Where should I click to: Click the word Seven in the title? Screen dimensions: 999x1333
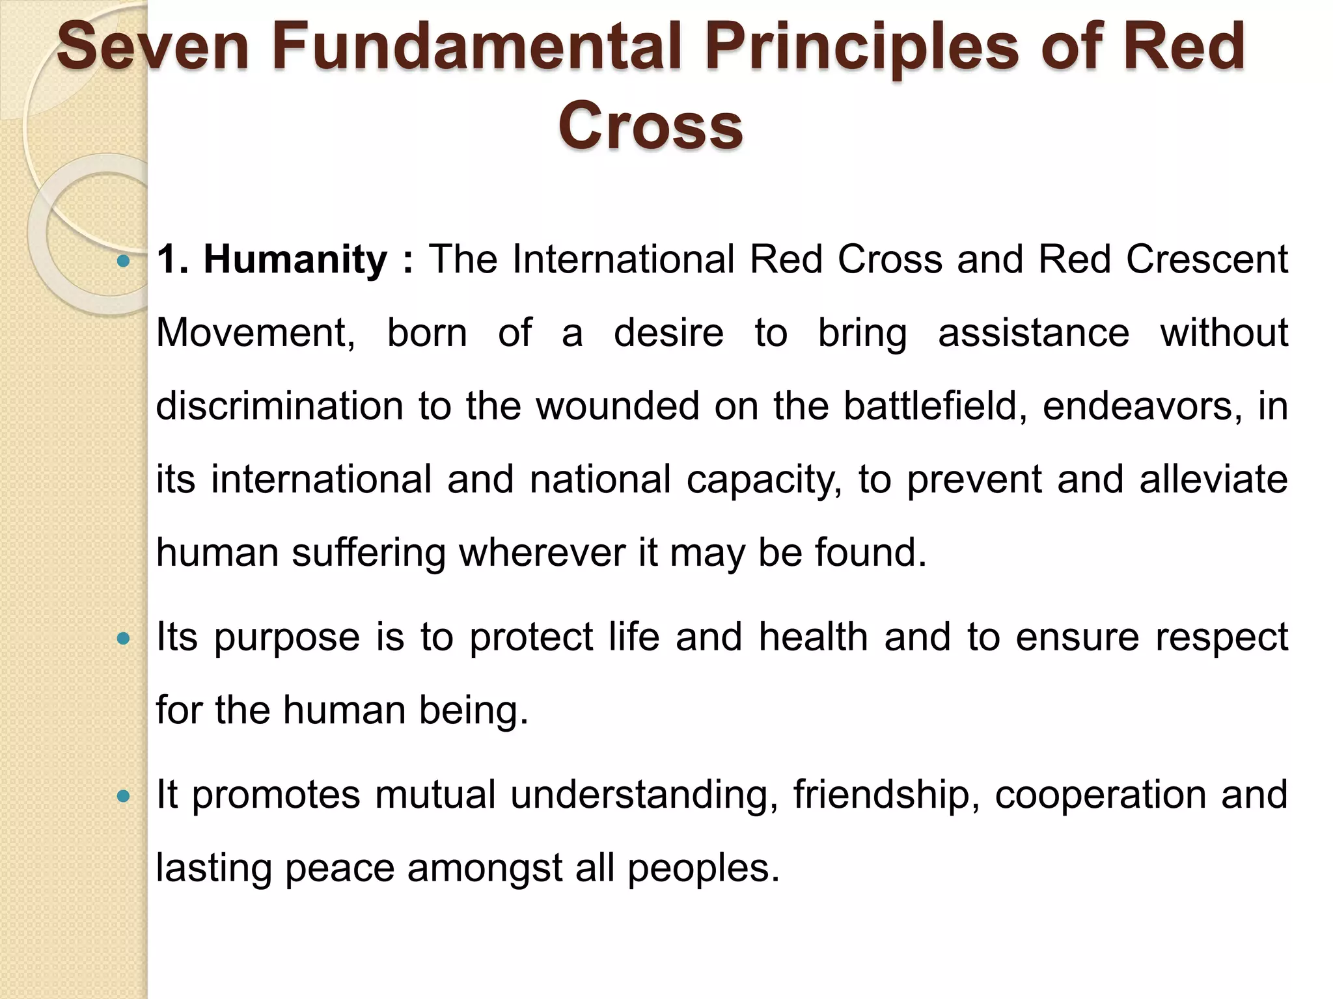[x=154, y=47]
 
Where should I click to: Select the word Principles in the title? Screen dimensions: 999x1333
[x=862, y=47]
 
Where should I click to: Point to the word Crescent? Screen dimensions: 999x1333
[x=1207, y=260]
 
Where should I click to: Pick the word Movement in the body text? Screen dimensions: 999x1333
[x=256, y=333]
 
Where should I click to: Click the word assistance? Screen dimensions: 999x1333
[x=1034, y=333]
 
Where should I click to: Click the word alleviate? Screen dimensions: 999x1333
[x=1214, y=479]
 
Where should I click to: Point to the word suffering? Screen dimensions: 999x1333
[x=368, y=553]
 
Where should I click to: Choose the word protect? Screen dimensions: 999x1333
[x=531, y=637]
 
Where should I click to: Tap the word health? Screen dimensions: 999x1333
[x=814, y=637]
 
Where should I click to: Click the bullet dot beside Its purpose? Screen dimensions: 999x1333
[x=123, y=639]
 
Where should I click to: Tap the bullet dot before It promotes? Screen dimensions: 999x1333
[x=123, y=796]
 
